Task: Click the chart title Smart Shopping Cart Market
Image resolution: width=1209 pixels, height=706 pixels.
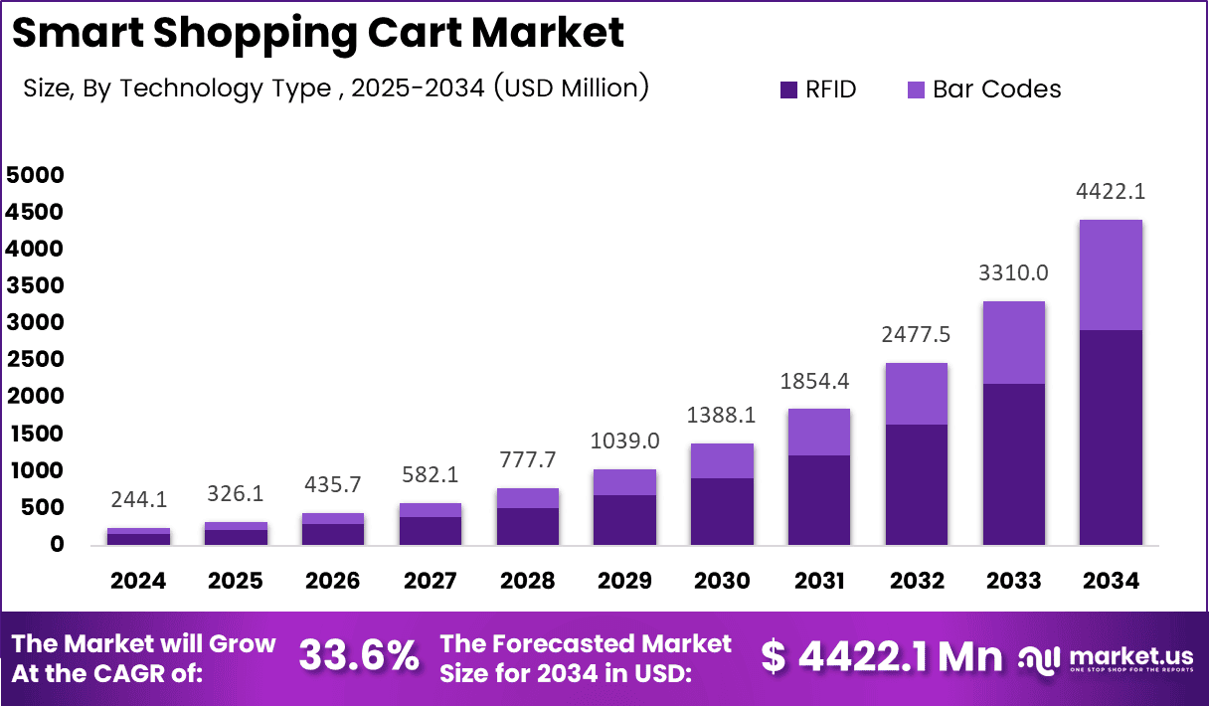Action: pos(318,33)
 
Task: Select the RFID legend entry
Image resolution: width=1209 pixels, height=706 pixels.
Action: pos(818,89)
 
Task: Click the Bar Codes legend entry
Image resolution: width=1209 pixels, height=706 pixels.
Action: pos(984,89)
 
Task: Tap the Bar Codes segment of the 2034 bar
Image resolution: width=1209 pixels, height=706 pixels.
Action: pos(1111,275)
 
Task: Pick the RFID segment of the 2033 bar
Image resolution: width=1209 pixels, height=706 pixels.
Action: pos(1013,463)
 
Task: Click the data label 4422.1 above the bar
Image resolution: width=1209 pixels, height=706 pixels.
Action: pos(1111,191)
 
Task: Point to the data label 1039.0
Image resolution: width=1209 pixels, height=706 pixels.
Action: pos(624,441)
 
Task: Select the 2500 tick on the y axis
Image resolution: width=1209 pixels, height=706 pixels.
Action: pos(36,360)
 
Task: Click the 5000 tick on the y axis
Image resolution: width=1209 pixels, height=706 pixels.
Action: pos(36,175)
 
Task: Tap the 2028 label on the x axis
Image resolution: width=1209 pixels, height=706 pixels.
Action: pos(527,581)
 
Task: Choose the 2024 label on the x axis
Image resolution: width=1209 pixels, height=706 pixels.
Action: pos(139,581)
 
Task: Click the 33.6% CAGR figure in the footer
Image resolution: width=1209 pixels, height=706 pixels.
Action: pos(359,657)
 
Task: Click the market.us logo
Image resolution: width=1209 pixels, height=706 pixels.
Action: pos(1106,658)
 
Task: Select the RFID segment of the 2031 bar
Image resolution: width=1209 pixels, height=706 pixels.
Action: pos(818,499)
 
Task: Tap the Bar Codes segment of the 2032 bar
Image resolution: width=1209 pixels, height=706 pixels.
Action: pos(916,394)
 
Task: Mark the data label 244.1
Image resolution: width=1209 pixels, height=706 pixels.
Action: pos(138,500)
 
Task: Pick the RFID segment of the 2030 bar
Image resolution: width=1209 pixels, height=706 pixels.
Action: pos(722,511)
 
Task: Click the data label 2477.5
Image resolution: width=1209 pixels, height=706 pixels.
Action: pos(916,335)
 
